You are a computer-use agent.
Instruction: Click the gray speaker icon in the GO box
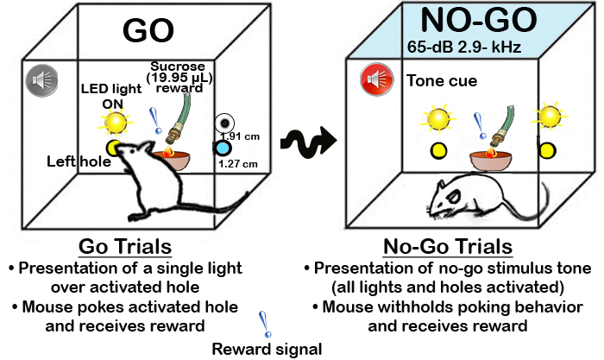40,78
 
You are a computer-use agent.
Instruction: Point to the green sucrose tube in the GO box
179,114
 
